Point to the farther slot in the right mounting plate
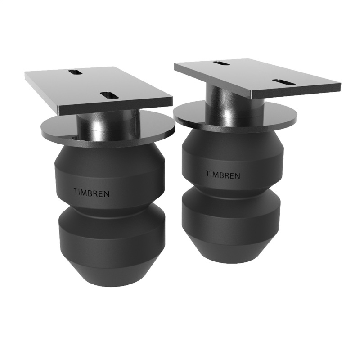[221, 63]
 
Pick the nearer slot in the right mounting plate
[283, 82]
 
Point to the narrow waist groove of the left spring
[111, 208]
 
